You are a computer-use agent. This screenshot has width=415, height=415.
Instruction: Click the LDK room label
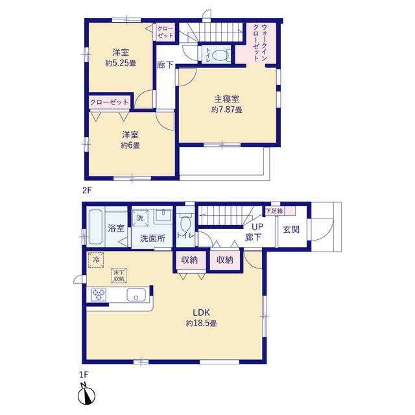coord(201,313)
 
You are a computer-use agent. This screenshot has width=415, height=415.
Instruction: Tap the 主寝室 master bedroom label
coord(226,99)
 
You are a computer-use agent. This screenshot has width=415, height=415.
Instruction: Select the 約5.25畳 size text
coord(121,64)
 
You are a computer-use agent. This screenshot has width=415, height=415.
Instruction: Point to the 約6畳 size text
coord(130,145)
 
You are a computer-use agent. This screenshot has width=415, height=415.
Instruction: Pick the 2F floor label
coord(87,190)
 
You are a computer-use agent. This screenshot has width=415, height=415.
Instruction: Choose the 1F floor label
coord(84,375)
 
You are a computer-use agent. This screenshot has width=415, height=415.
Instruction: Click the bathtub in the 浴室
coord(95,227)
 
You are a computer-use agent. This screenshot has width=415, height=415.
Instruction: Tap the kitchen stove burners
coord(99,294)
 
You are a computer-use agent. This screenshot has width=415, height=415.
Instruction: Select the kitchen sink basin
coord(136,294)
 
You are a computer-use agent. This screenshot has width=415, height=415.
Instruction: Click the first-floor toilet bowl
coord(185,224)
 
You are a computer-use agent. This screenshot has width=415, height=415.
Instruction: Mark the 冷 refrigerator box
coord(96,260)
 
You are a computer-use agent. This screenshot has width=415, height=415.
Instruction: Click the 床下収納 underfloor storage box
coord(119,276)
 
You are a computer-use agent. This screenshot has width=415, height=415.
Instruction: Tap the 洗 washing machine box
coord(140,218)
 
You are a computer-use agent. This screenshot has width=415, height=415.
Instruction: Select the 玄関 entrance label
coord(291,230)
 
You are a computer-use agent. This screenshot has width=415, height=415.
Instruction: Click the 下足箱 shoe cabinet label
coord(274,211)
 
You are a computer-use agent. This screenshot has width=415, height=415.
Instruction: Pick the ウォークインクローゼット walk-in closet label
coord(260,42)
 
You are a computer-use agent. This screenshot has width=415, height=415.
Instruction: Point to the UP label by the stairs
coord(257,227)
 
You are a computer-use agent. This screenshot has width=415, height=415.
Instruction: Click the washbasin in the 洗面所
coord(163,215)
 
